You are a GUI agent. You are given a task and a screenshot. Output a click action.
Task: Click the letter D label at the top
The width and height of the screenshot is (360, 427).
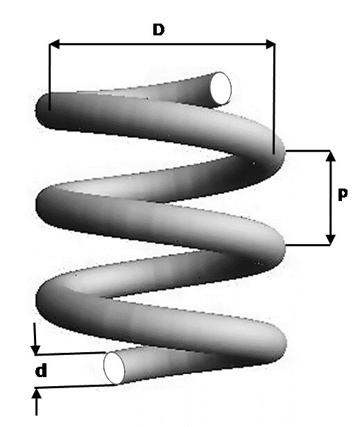pos(159,30)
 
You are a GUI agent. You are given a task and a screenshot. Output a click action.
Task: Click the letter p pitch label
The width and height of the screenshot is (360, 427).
pos(343,194)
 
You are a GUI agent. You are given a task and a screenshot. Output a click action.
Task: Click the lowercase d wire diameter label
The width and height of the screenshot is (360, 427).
pos(41,371)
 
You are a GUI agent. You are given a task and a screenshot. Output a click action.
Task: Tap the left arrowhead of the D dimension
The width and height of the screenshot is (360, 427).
pos(54,44)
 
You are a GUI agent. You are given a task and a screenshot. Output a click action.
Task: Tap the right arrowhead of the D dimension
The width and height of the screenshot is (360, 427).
pos(271,44)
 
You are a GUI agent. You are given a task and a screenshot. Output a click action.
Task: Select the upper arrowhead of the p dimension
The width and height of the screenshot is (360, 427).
pos(331,156)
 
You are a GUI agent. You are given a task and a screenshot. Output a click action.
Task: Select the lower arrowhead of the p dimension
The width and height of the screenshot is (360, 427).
pos(331,240)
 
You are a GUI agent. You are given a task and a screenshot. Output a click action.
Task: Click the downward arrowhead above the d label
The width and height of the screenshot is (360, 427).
pos(35,350)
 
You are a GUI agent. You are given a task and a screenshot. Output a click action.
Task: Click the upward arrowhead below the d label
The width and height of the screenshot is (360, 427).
pos(36,394)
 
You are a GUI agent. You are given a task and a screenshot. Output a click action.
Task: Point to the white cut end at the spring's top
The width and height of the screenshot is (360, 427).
pos(221,89)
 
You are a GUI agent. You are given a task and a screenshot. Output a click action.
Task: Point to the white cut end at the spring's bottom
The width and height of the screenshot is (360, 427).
pos(114,368)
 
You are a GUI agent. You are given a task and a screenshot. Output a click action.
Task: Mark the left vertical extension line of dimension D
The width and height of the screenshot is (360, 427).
pos(49,77)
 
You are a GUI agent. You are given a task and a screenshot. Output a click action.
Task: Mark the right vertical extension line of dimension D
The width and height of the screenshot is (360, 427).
pos(274,99)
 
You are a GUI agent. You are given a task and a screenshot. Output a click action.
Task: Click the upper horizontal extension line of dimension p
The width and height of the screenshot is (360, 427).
pos(308,150)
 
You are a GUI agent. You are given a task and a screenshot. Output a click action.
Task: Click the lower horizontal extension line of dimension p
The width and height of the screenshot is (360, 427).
pos(308,245)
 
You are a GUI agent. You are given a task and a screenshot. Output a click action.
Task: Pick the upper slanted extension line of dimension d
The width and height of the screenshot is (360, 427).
pos(71,354)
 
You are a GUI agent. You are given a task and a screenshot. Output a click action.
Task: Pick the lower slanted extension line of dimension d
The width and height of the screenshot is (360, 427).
pos(76,386)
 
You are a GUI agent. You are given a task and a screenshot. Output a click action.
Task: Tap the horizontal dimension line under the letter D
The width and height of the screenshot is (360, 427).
pos(162,44)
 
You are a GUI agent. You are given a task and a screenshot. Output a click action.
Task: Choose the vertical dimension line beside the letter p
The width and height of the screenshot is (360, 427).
pos(331,198)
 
